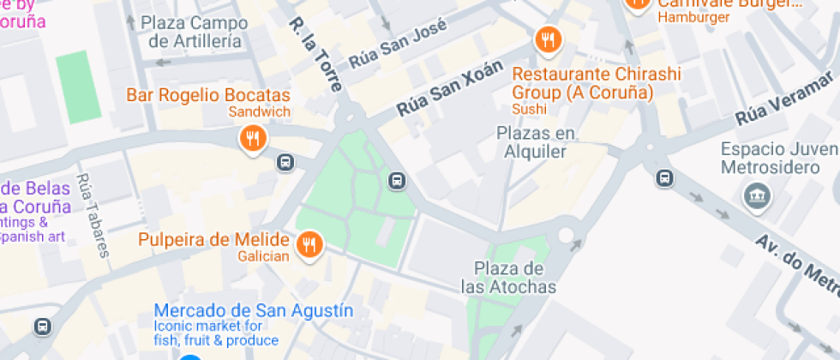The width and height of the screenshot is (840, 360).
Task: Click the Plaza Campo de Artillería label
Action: tap(195, 32)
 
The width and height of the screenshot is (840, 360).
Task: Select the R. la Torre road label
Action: tap(315, 55)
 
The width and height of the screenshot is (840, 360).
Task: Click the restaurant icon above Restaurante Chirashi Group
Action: tap(547, 39)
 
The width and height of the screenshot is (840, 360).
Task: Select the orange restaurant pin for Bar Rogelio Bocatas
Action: tap(252, 138)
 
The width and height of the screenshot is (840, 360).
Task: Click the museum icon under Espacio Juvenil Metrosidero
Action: tap(758, 195)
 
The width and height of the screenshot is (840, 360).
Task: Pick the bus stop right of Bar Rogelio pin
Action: tap(285, 161)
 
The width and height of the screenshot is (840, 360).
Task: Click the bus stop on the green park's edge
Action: tap(396, 180)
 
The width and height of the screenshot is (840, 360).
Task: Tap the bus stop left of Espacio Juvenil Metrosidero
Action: tap(663, 178)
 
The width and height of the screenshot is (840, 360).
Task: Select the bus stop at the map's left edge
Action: tap(42, 327)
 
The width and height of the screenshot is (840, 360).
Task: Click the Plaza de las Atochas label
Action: tap(508, 278)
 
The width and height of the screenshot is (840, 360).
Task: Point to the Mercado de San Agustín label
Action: tap(254, 309)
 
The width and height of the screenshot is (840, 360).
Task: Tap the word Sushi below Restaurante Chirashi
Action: tap(529, 109)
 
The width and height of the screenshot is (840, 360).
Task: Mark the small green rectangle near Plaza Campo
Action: tap(79, 87)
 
